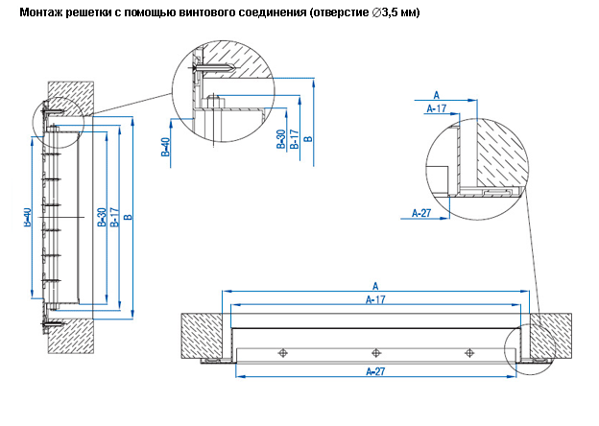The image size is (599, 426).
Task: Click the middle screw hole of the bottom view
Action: coord(374,353)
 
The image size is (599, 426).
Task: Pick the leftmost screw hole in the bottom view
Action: coord(282,353)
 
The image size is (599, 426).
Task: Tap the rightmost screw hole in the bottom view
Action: coord(467,353)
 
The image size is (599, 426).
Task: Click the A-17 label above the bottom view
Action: coord(376,299)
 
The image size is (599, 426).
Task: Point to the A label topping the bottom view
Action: coord(376,286)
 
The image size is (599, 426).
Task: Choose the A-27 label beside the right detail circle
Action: coord(421,213)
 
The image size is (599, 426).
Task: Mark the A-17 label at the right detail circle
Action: coord(436,109)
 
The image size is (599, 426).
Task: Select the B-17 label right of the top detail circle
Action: coord(294,138)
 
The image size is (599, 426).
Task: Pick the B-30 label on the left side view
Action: coord(102,219)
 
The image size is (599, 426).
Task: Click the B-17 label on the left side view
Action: coord(114,219)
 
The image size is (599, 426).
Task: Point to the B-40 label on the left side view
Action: coord(27,219)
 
